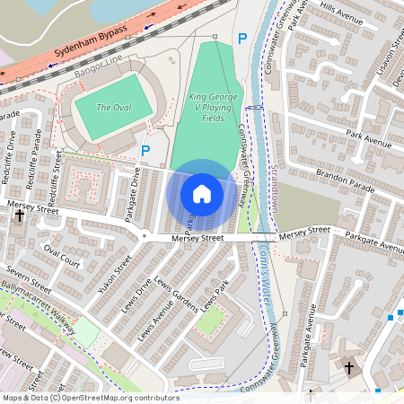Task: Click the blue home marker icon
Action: pyautogui.click(x=202, y=194)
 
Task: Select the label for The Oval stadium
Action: pyautogui.click(x=113, y=108)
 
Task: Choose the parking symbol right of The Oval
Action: pyautogui.click(x=146, y=152)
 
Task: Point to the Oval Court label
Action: pyautogui.click(x=62, y=258)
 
